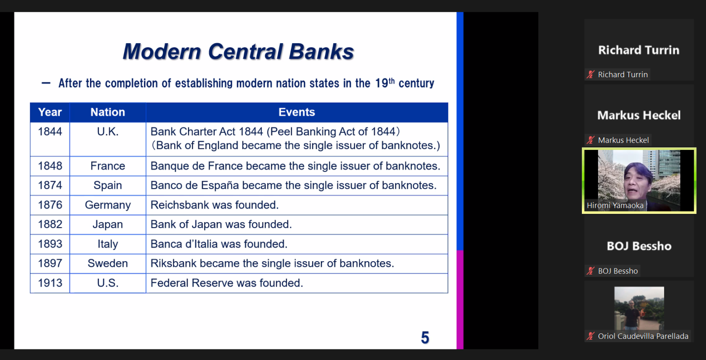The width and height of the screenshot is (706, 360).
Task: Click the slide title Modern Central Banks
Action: (x=238, y=51)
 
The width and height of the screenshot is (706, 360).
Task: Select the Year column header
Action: (x=50, y=112)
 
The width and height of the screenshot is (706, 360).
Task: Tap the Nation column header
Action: (x=108, y=112)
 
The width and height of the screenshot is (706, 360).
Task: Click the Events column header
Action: (x=296, y=112)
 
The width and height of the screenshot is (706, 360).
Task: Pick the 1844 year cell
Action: (x=50, y=139)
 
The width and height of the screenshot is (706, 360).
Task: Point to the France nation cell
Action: (x=108, y=166)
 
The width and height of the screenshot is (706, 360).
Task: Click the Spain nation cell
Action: (x=108, y=185)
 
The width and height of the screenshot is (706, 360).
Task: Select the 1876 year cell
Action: (x=50, y=205)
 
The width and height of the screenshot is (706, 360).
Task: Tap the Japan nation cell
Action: (x=108, y=224)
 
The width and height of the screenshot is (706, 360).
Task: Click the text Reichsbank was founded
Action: (x=214, y=205)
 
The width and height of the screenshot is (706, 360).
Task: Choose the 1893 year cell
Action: (x=50, y=244)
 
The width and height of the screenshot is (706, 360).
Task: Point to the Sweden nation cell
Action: (x=108, y=263)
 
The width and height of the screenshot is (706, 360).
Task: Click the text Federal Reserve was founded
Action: (x=227, y=283)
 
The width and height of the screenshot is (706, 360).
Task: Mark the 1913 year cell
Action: (x=50, y=283)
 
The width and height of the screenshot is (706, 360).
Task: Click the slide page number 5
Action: (x=425, y=337)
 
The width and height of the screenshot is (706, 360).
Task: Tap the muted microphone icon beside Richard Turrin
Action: (x=591, y=74)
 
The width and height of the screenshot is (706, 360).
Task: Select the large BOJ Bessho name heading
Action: (x=639, y=246)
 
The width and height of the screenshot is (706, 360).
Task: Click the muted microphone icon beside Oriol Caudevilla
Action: (x=591, y=336)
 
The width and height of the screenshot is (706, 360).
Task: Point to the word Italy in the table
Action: (x=108, y=244)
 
